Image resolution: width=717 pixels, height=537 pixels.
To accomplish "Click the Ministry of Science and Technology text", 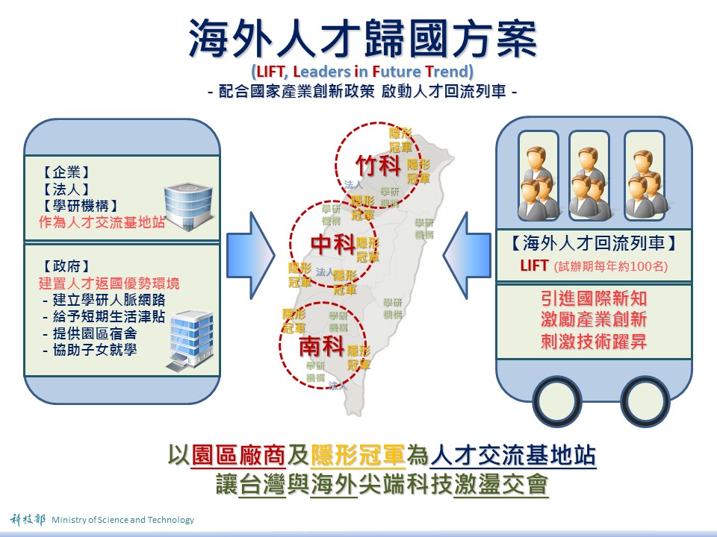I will click(122, 520).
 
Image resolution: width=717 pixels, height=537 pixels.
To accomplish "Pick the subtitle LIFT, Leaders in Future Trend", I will click(362, 72).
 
